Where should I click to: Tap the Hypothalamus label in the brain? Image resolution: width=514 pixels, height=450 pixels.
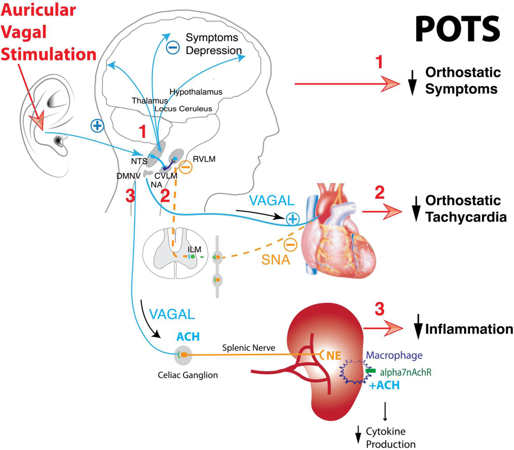click(196, 92)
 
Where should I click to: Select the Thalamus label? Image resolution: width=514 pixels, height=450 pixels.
click(150, 101)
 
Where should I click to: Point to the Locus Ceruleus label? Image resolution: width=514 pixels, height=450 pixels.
click(183, 109)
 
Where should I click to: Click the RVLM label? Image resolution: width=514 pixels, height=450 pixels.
click(204, 159)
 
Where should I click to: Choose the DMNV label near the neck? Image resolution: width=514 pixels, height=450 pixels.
click(128, 176)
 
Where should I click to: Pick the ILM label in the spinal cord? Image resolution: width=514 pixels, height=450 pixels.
click(194, 249)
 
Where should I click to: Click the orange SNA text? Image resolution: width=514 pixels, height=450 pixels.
click(276, 260)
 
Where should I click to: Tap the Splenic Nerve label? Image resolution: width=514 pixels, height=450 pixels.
click(248, 348)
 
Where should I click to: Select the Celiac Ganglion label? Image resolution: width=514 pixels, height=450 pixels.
click(188, 375)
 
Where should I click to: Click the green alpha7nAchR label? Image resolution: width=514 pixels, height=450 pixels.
click(405, 372)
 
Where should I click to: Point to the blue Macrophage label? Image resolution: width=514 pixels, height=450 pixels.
click(394, 355)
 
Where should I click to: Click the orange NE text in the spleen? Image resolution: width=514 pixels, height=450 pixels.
click(334, 355)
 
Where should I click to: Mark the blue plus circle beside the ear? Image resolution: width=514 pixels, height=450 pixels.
click(97, 126)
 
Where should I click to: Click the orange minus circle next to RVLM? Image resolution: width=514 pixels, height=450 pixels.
click(186, 167)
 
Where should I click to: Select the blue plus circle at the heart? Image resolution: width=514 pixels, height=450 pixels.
click(293, 219)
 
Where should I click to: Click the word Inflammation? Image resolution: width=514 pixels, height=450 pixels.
click(469, 329)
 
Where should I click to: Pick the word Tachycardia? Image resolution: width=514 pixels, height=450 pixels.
click(466, 217)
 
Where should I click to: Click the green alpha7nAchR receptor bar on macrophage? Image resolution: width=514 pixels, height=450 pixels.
click(370, 371)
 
